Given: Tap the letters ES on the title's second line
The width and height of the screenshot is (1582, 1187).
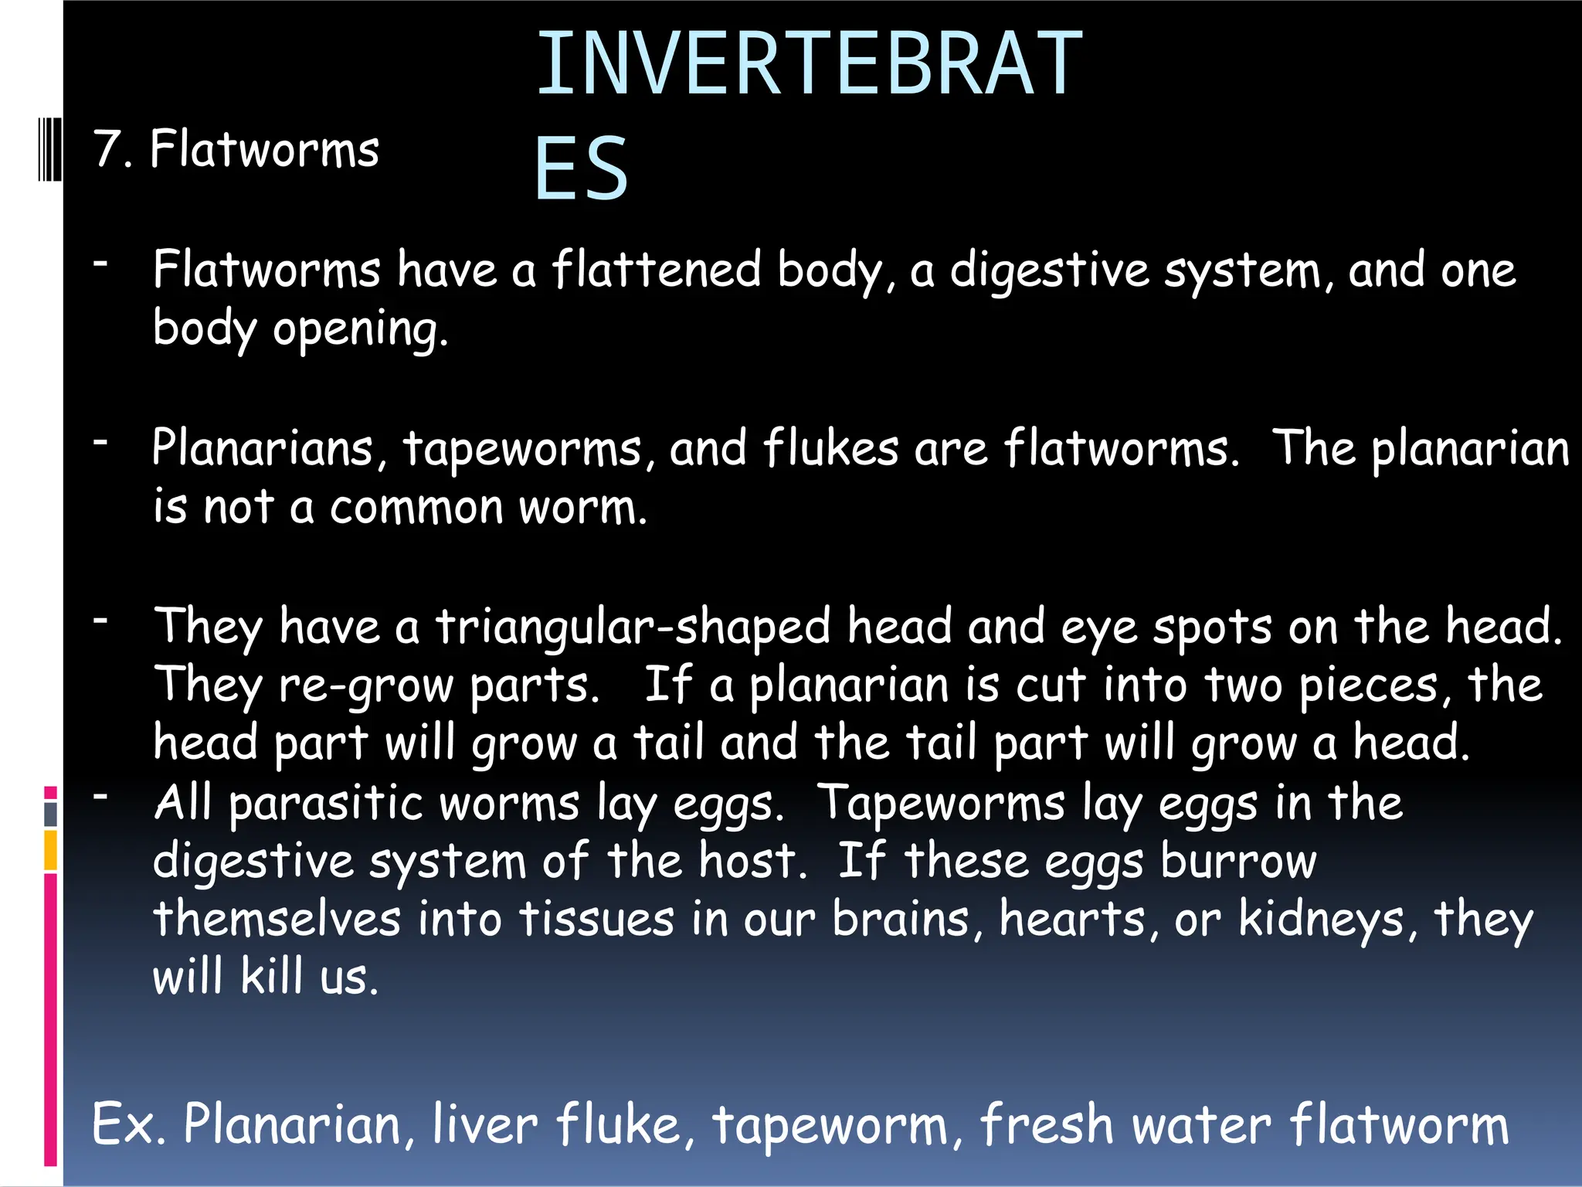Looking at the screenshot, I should click(581, 169).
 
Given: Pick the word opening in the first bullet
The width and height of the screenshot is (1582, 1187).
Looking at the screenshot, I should click(360, 330).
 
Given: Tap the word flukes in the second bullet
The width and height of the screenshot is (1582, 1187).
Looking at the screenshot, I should click(831, 448).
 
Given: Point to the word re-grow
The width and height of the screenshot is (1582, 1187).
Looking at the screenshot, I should click(366, 686).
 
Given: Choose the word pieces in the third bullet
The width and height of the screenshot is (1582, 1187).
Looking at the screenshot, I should click(1368, 686).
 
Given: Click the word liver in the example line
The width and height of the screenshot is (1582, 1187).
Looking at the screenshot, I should click(484, 1124).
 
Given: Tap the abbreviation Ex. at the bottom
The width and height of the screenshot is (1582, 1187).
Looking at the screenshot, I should click(128, 1124).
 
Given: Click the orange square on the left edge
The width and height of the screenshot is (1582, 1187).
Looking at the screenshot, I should click(50, 849).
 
